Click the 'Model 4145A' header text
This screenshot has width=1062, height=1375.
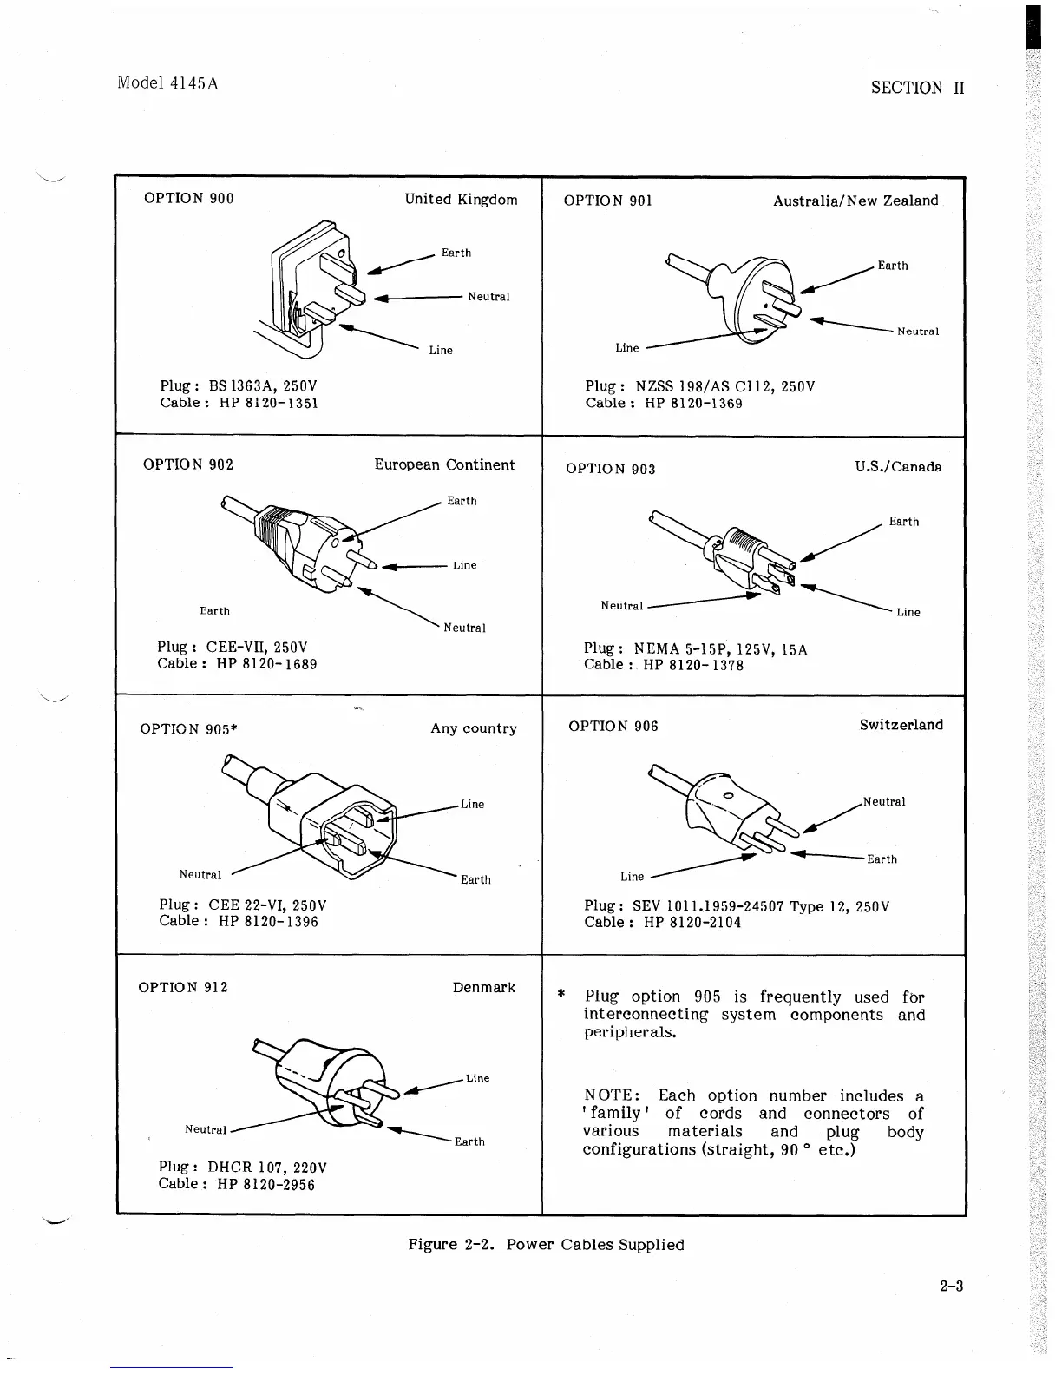tap(167, 83)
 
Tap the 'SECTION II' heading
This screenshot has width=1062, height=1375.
tap(918, 88)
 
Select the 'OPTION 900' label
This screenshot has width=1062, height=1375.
tap(188, 199)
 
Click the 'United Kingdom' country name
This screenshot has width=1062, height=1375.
tap(461, 200)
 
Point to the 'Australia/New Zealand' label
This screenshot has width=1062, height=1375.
tap(855, 201)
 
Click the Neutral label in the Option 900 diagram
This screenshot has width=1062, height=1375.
tap(488, 297)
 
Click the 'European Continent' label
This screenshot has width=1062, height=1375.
tap(444, 465)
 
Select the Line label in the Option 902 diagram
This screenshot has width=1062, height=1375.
tap(464, 565)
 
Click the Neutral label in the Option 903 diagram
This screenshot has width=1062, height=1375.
tap(621, 606)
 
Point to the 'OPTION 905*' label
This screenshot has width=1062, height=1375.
tap(188, 729)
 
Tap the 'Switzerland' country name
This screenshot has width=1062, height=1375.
tap(901, 725)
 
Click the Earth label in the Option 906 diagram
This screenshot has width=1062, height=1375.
tap(882, 859)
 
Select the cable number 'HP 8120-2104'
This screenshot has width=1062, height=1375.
tap(692, 923)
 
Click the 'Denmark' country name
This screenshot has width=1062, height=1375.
tap(483, 988)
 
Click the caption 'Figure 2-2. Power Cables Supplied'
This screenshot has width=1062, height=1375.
tap(546, 1245)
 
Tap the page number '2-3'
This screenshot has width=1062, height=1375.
tap(951, 1286)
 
